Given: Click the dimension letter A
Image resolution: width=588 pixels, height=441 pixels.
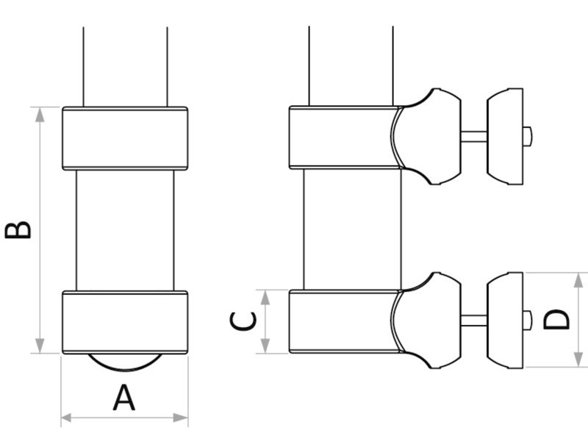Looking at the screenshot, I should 124,398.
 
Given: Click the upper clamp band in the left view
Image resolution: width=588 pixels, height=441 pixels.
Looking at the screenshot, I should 124,137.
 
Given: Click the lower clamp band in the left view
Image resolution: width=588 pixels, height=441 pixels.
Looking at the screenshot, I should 124,321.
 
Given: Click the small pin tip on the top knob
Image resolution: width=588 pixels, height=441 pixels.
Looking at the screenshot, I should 528,135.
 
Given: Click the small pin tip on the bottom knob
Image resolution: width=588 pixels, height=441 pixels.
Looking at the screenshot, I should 528,319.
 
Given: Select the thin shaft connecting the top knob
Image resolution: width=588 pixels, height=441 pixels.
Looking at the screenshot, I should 472,135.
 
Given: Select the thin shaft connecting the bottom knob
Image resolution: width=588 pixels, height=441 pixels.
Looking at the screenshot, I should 472,320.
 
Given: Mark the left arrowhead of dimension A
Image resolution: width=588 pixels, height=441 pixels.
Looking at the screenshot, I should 65,417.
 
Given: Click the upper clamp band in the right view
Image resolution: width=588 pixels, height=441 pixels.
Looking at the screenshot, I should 342,137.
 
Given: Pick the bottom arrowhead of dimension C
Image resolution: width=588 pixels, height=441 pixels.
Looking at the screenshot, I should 267,348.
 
